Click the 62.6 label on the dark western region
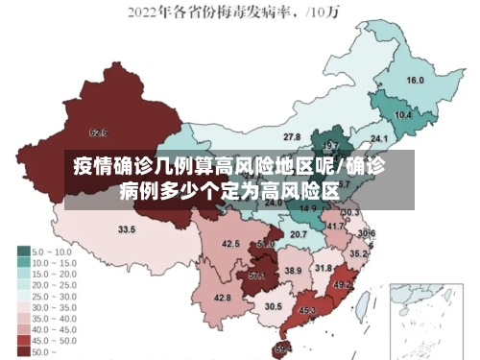tap(98, 132)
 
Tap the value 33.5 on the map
tap(127, 229)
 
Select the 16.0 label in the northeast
tap(415, 81)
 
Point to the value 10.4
tap(403, 115)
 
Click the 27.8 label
tap(291, 137)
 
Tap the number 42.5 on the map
tap(230, 244)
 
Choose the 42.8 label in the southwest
tap(222, 298)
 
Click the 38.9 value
tap(293, 272)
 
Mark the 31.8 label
tap(324, 268)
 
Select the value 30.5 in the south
tap(274, 306)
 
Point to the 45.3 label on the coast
tap(307, 311)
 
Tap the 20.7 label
tap(299, 234)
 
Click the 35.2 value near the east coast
tap(357, 253)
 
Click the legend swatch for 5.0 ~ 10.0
tap(24, 250)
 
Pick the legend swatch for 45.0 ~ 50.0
tap(24, 341)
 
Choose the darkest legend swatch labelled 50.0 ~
tap(24, 352)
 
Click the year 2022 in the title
tap(145, 12)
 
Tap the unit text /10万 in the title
tap(332, 13)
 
